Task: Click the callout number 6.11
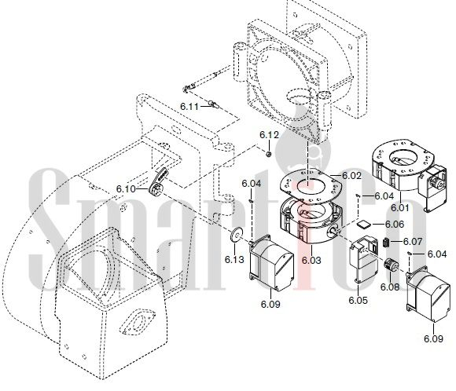(x=189, y=107)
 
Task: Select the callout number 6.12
(x=269, y=135)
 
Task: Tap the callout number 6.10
(x=126, y=189)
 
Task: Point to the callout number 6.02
(x=351, y=176)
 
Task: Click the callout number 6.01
(x=400, y=208)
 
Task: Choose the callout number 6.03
(x=311, y=261)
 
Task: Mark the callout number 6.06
(x=395, y=225)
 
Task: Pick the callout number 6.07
(x=413, y=241)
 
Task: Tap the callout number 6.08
(x=390, y=287)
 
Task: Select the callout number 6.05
(x=359, y=300)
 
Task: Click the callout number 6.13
(x=234, y=259)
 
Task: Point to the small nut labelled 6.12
(x=269, y=153)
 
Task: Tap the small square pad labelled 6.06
(x=363, y=225)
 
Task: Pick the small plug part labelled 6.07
(x=386, y=243)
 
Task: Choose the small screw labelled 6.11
(x=214, y=104)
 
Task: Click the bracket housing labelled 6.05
(x=364, y=258)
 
